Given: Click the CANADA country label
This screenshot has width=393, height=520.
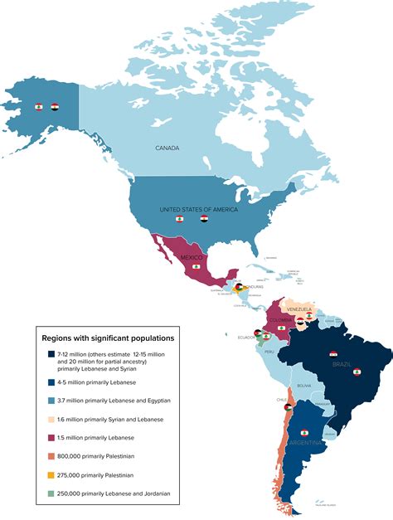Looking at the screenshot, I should [167, 148].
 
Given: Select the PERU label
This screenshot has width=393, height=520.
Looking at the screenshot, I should [268, 352].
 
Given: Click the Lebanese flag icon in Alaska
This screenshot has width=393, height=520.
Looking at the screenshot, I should [38, 107].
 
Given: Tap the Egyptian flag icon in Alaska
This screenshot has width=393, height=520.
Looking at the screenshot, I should [55, 107].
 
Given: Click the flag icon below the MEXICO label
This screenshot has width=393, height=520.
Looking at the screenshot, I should [196, 267].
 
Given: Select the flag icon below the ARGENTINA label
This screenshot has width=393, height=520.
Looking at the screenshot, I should [303, 434].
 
